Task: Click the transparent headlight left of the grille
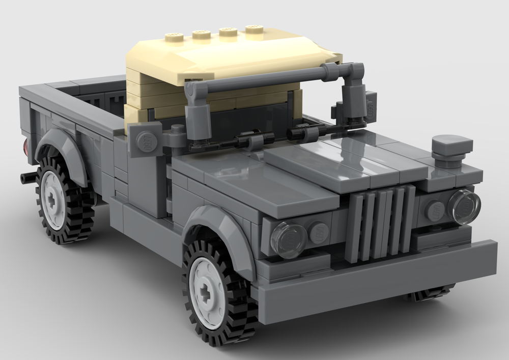pyautogui.click(x=289, y=239)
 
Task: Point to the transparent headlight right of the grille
pyautogui.click(x=464, y=207)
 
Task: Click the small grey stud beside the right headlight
pyautogui.click(x=436, y=210)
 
